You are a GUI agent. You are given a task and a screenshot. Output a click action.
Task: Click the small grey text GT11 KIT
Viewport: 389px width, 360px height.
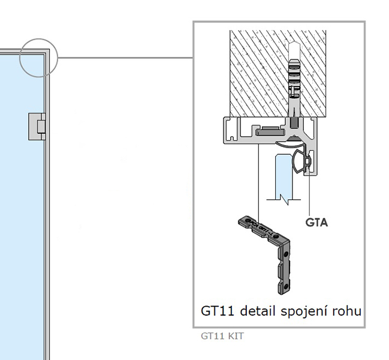tap(222, 336)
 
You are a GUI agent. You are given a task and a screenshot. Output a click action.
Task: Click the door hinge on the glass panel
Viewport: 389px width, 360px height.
tap(37, 127)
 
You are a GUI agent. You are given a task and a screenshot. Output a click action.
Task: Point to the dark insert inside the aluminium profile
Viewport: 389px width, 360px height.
tap(269, 129)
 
